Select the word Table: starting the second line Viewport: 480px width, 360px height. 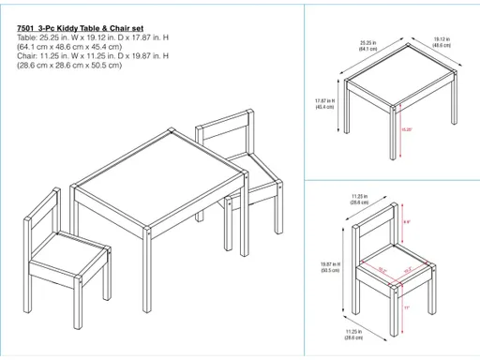(28, 37)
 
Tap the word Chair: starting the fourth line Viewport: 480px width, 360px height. (28, 55)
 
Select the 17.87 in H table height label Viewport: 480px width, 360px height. (325, 103)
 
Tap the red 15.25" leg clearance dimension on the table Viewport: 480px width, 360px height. (406, 128)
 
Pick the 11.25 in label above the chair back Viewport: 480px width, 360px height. (357, 199)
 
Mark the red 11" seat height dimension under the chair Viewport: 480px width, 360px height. (406, 306)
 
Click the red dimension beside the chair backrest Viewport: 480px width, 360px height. (405, 222)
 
